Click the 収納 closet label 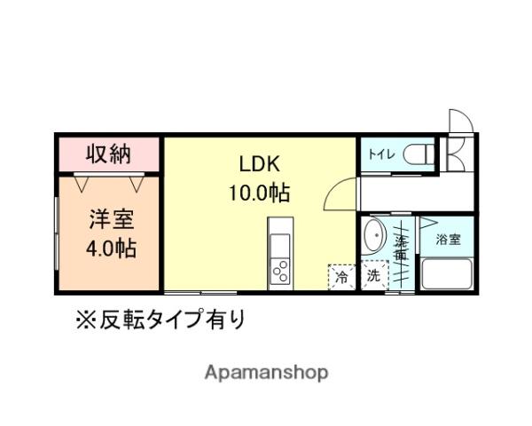coord(108,154)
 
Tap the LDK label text coord(259,164)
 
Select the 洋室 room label coord(110,219)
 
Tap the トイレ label coord(382,154)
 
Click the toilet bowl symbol coord(418,154)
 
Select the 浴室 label coord(447,238)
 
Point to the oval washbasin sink coord(374,237)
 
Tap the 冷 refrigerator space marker coord(340,276)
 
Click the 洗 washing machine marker coord(372,276)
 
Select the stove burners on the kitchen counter coord(280,269)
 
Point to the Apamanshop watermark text coord(267,372)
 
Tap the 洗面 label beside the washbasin coord(402,248)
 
